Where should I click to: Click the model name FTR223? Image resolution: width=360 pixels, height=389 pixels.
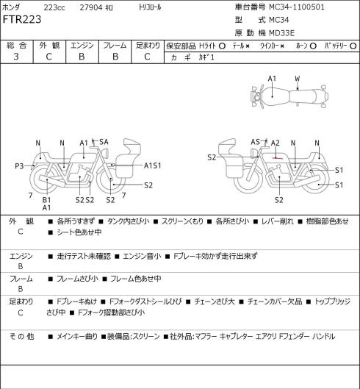coord(22,20)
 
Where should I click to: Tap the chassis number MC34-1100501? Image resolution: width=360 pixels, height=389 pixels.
coord(297,7)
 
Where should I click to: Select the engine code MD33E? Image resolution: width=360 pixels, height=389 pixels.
coord(281,33)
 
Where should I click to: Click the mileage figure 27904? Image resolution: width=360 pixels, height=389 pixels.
coord(91,7)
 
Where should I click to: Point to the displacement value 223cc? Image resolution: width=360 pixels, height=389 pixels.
coord(54,7)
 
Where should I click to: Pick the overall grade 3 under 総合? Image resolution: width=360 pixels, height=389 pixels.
coord(16,57)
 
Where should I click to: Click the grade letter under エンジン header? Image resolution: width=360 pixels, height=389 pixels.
coord(82,57)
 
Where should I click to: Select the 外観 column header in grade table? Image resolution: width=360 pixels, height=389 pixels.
coord(49,46)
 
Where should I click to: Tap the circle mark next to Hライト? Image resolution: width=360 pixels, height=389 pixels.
coord(222,46)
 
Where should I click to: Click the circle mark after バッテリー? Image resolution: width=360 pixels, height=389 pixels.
coord(353,46)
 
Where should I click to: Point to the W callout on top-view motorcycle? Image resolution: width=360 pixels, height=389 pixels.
coord(298,79)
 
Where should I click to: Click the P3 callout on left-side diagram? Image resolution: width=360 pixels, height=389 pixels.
coord(19,165)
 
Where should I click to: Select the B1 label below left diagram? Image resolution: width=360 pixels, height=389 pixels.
coord(46,200)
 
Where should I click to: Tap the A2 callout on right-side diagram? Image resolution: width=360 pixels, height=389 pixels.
coord(276,143)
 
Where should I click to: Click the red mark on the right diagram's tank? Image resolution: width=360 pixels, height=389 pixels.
coord(277,158)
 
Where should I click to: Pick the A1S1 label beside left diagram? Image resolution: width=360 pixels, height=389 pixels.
coord(153,165)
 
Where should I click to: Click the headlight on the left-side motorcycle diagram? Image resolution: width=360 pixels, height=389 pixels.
coord(106,152)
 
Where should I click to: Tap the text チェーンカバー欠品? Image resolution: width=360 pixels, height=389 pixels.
coord(275,301)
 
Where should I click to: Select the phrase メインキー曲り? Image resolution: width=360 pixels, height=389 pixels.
coord(77,336)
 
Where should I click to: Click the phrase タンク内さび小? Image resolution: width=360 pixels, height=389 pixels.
coord(128,221)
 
